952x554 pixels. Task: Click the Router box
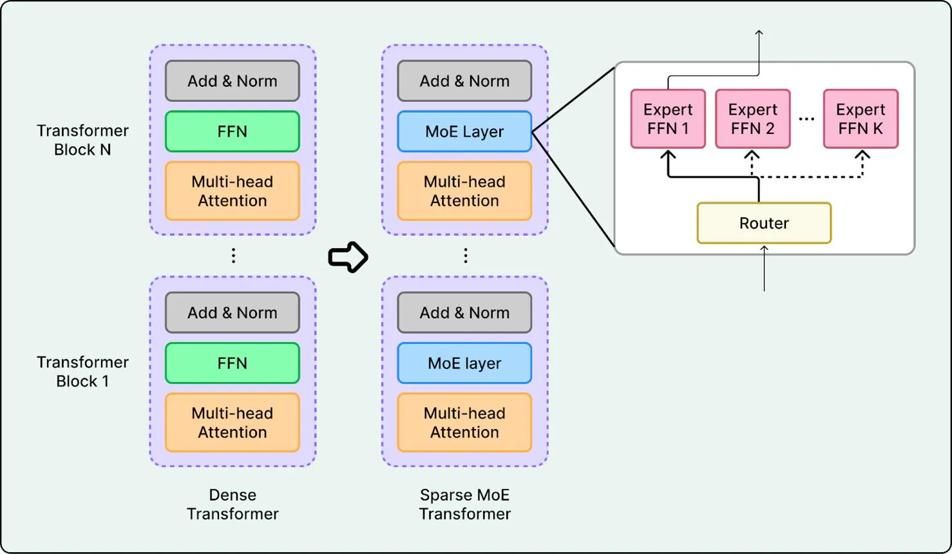pos(764,223)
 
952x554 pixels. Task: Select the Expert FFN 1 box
pos(668,119)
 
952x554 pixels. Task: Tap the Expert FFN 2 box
pos(753,119)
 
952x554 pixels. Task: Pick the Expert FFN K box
pos(861,119)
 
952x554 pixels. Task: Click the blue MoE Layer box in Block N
pos(464,131)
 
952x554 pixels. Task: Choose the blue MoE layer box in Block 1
pos(464,363)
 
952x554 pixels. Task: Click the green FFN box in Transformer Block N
pos(233,131)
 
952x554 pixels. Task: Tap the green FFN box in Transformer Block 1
pos(233,363)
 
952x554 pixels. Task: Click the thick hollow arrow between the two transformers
pos(348,257)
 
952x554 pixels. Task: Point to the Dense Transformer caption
pos(233,504)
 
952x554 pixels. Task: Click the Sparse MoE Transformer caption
pos(464,504)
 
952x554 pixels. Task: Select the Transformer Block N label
pos(82,140)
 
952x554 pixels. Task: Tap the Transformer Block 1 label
pos(82,372)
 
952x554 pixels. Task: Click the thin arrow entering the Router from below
pos(764,268)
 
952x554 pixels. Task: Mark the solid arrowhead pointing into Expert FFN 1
pos(668,155)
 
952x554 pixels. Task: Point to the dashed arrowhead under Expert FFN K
pos(862,155)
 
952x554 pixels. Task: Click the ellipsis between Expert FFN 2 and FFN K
pos(806,119)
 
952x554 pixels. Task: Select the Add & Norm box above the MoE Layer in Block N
pos(464,81)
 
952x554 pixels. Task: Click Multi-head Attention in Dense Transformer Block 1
pos(233,422)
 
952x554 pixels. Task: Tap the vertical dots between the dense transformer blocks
pos(233,256)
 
